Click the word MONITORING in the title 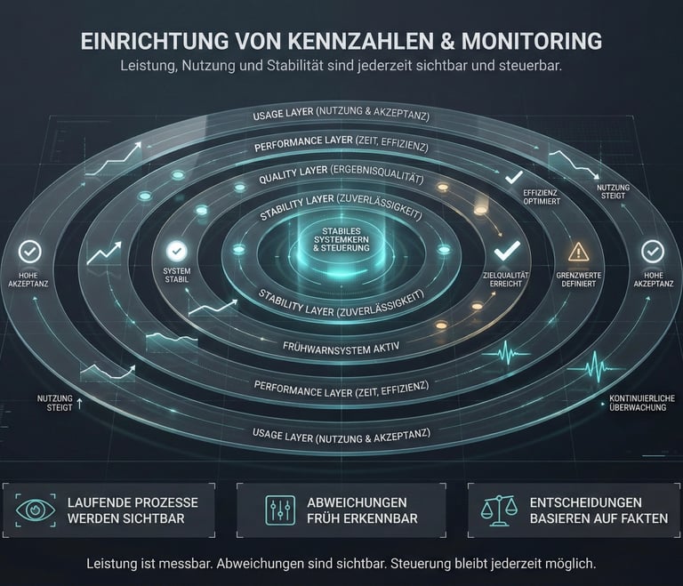[524, 41]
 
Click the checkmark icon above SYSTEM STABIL [176, 252]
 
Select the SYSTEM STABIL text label [176, 276]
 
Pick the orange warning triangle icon [578, 252]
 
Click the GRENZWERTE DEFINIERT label [578, 280]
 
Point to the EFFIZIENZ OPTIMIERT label [542, 197]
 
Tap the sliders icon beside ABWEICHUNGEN [280, 510]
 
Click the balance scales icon [499, 510]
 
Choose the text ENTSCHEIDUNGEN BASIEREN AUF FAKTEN [598, 510]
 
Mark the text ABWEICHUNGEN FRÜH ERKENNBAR [362, 510]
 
